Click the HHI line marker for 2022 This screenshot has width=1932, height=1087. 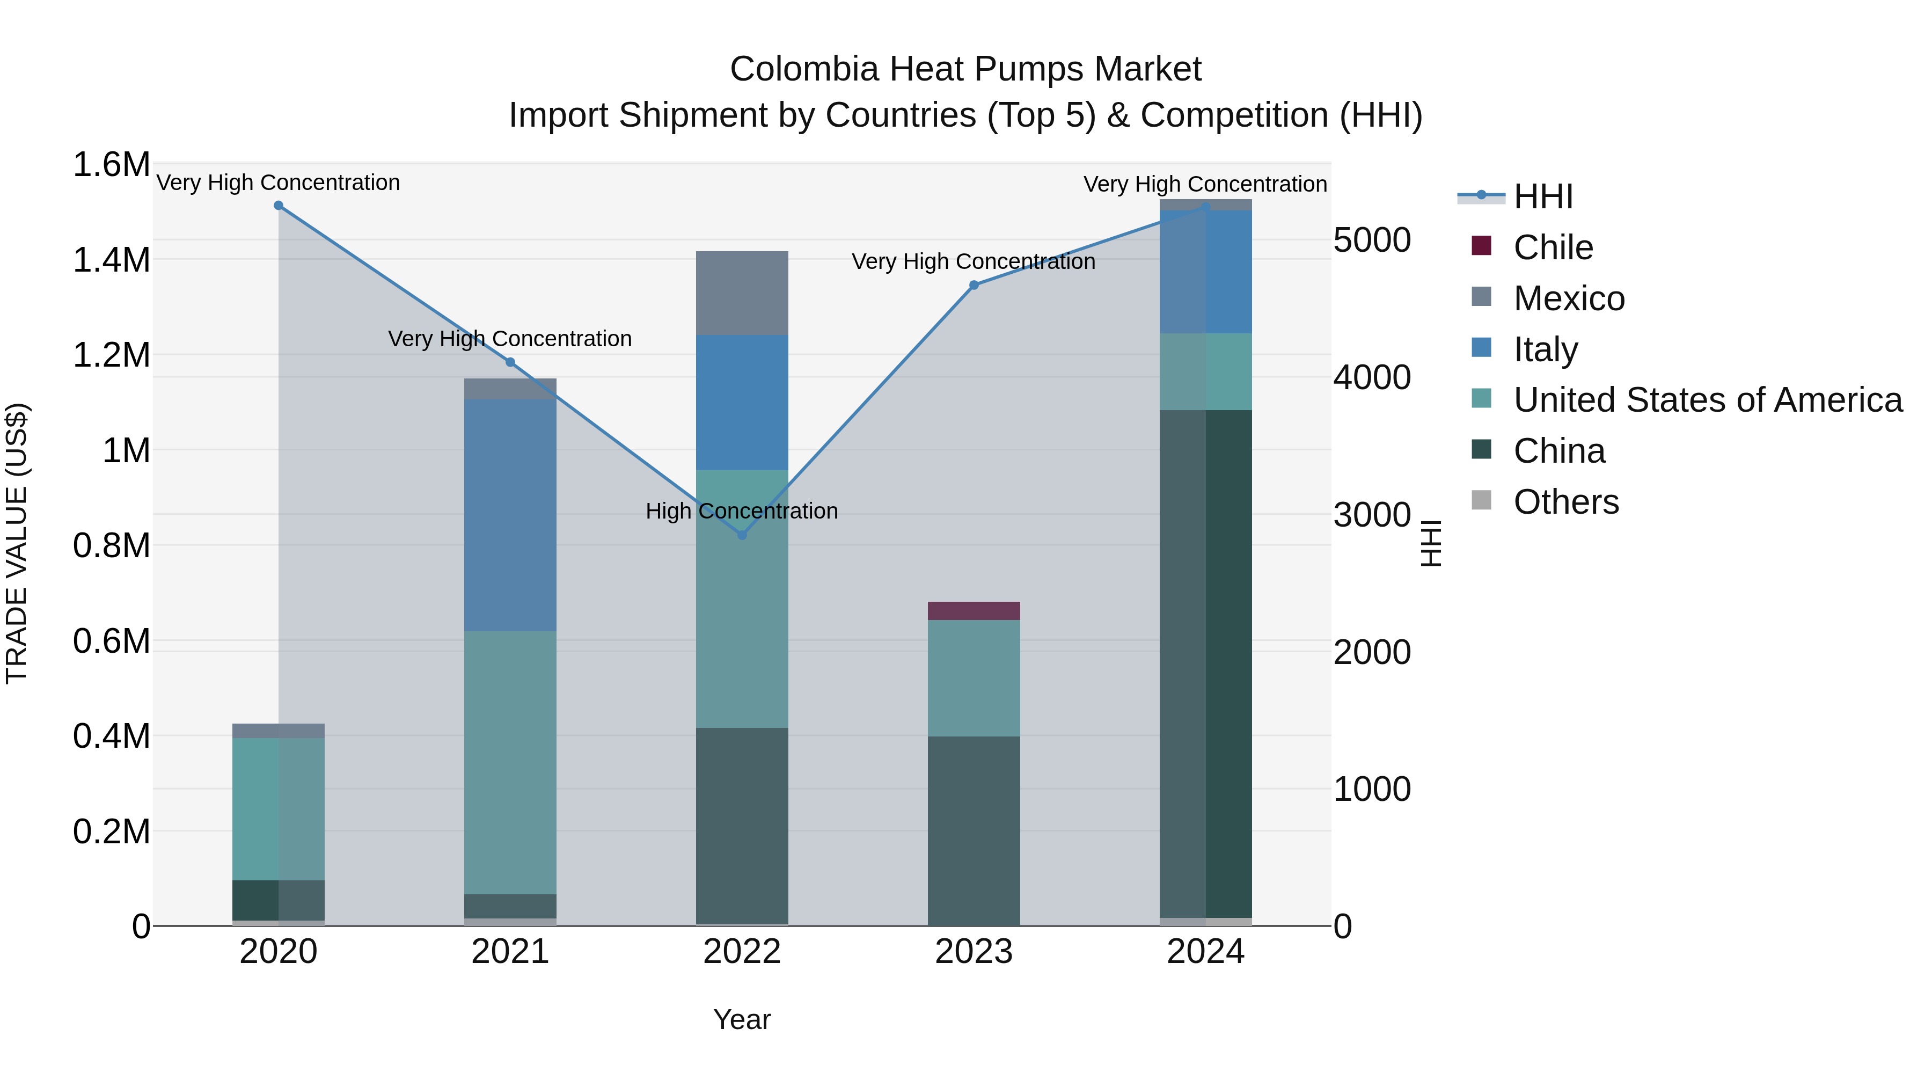click(742, 535)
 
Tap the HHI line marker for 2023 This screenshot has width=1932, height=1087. click(974, 285)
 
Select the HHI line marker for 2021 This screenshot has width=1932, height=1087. click(510, 362)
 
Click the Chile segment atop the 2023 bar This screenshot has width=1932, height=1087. click(974, 611)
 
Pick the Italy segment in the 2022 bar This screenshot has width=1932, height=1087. click(742, 403)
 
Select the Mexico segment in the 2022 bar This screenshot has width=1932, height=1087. click(742, 293)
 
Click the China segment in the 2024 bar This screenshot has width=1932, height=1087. click(1205, 664)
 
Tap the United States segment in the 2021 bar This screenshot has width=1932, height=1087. click(510, 762)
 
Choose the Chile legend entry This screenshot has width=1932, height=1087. click(1553, 247)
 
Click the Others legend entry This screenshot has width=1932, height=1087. click(1565, 502)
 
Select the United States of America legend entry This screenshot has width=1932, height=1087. click(1707, 400)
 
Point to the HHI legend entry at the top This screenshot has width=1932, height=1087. click(1543, 196)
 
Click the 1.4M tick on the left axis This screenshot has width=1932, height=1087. click(112, 260)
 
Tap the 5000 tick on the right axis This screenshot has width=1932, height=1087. click(1372, 241)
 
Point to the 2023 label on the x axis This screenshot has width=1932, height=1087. click(974, 952)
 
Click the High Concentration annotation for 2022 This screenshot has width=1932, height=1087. click(742, 511)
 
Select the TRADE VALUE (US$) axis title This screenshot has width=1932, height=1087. click(17, 543)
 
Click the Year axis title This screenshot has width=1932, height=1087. click(742, 1019)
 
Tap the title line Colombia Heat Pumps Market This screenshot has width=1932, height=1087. click(965, 69)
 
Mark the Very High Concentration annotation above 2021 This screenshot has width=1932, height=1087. click(510, 339)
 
